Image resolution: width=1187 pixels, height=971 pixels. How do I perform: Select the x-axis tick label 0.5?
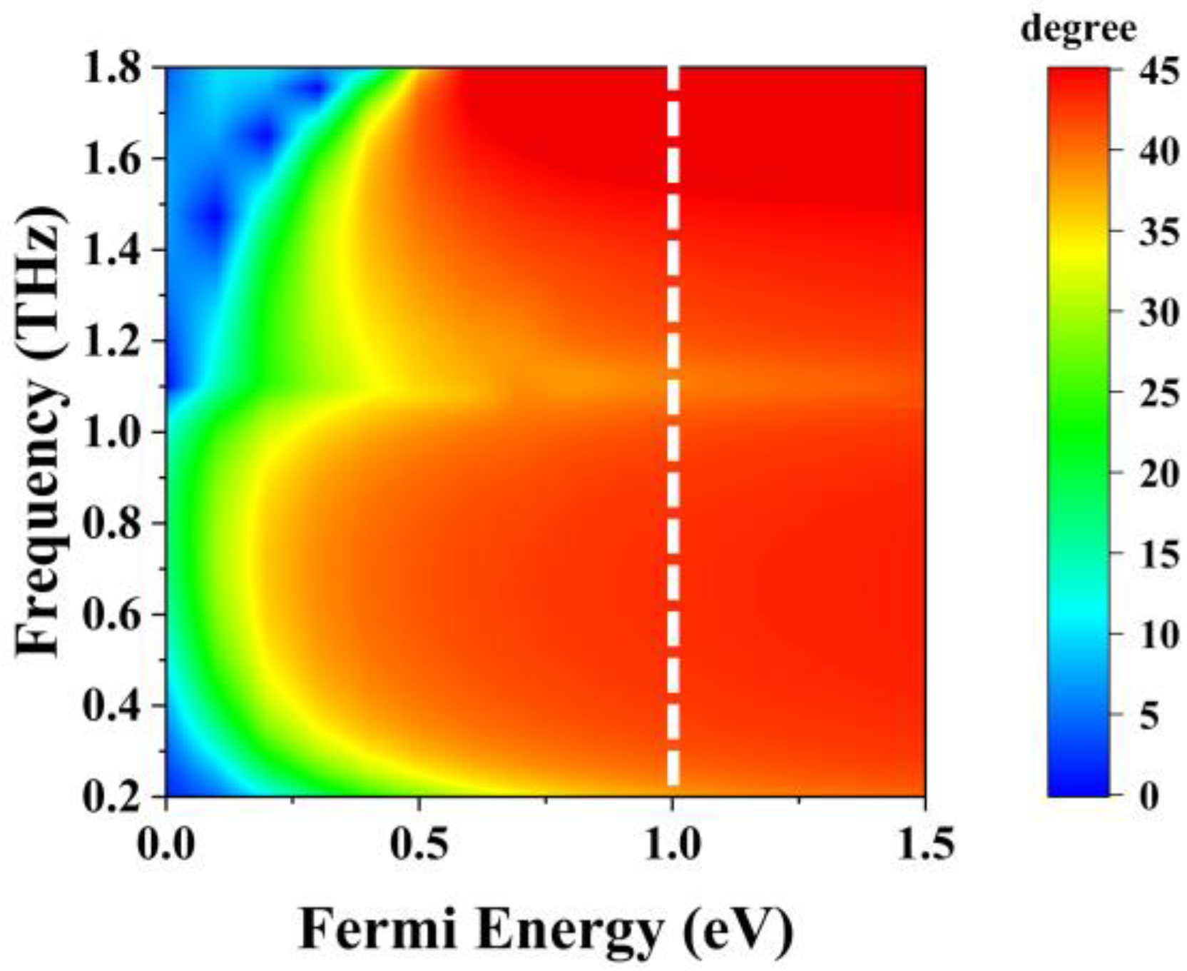click(x=420, y=845)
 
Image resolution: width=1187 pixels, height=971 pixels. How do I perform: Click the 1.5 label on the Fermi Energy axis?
click(x=924, y=845)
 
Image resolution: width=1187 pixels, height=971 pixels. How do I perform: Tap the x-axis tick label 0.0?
click(x=166, y=845)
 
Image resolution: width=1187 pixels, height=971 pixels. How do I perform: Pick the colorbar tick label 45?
click(x=1158, y=71)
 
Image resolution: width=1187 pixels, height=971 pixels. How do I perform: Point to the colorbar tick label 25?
click(x=1158, y=393)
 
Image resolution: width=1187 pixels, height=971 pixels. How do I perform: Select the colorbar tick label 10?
click(x=1158, y=634)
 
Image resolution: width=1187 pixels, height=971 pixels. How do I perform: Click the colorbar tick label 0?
click(x=1148, y=795)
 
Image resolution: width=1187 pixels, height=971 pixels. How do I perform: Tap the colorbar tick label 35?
click(x=1158, y=233)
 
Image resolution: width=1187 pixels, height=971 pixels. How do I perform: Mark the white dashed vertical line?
click(x=673, y=428)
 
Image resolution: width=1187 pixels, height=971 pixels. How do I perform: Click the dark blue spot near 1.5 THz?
click(x=212, y=214)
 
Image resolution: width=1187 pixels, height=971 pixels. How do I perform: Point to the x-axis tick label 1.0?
click(x=673, y=845)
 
